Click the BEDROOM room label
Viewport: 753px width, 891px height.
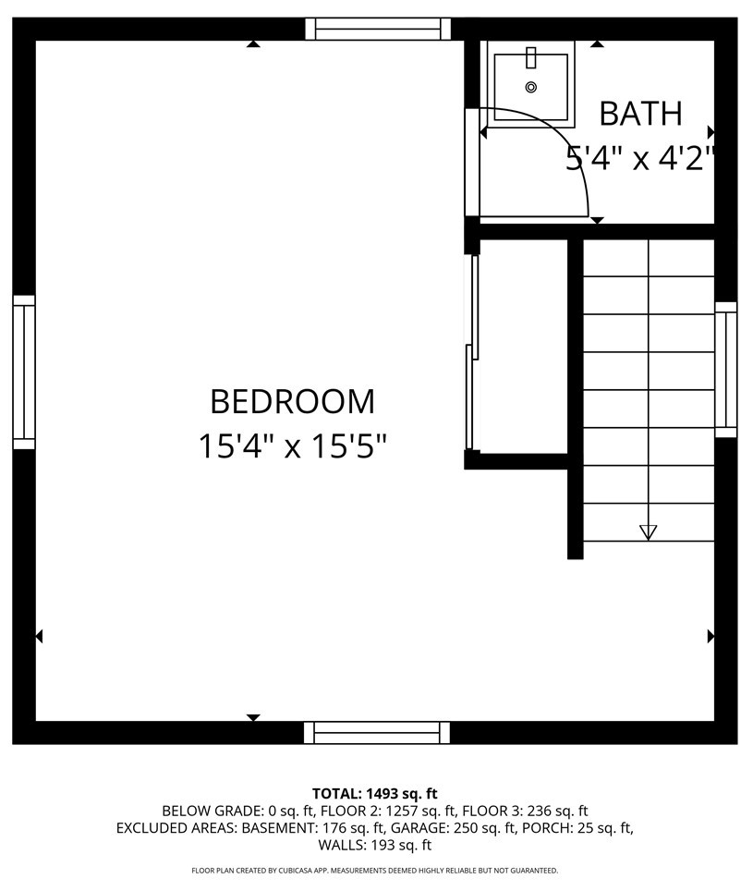[292, 402]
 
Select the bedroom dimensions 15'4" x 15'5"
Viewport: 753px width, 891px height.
[292, 447]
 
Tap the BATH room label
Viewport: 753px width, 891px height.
[640, 114]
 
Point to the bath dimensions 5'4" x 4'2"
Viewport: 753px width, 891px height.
[640, 159]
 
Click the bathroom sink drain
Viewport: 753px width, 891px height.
[530, 87]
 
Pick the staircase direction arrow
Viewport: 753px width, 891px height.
[648, 531]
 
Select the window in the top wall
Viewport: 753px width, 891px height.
[378, 29]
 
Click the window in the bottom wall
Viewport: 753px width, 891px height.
[378, 733]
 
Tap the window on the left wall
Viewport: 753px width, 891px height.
[23, 372]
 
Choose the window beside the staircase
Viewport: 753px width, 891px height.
[726, 370]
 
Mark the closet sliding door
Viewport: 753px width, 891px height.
[473, 351]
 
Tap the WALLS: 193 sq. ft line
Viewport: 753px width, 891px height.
[375, 845]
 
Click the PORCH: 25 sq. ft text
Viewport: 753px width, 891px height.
[577, 828]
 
